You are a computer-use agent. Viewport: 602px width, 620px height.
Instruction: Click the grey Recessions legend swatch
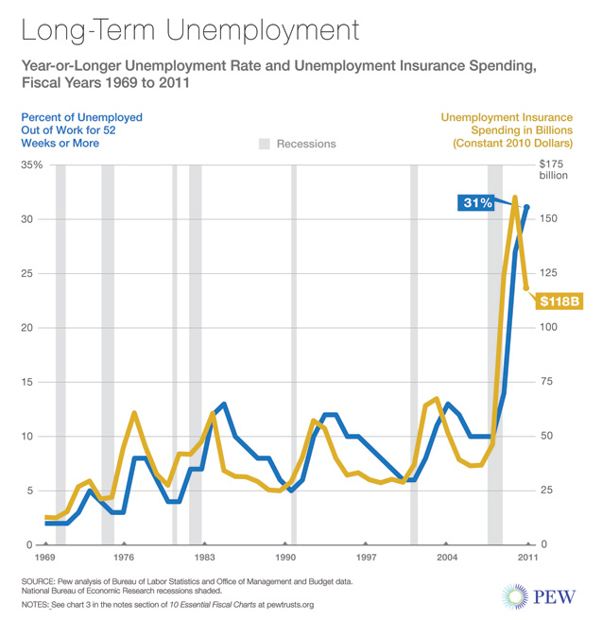tap(265, 144)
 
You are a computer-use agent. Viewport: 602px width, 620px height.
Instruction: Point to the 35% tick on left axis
tap(31, 165)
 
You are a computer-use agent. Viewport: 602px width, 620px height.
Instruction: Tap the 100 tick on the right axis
tap(548, 327)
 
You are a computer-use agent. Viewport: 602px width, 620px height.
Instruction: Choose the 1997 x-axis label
tap(367, 559)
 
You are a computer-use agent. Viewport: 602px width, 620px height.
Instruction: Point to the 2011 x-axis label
tap(527, 559)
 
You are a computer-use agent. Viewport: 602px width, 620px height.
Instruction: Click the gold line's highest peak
tap(515, 198)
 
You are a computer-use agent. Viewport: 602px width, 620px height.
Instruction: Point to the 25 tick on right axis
tap(545, 491)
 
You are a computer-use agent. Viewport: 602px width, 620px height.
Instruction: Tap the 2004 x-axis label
tap(447, 559)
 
